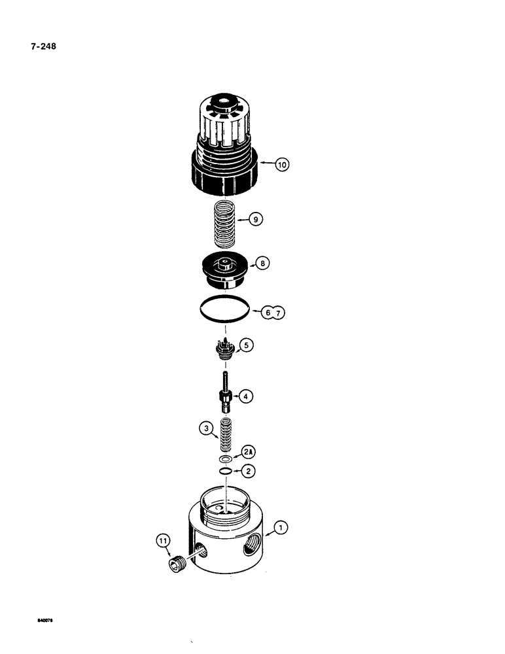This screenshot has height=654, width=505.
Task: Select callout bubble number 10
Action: [x=281, y=165]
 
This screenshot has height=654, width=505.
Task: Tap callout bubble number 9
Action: [x=256, y=220]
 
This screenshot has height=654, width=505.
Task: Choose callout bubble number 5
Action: [x=247, y=345]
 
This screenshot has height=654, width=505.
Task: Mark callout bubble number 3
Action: [x=207, y=429]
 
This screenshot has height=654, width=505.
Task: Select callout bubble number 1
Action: [x=280, y=526]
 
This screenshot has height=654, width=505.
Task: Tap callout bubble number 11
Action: [x=163, y=541]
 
